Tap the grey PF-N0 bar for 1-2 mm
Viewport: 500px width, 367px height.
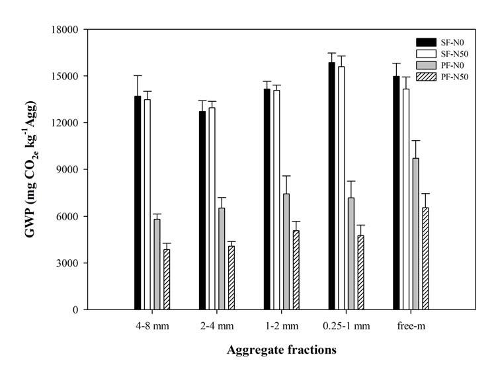pos(286,251)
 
